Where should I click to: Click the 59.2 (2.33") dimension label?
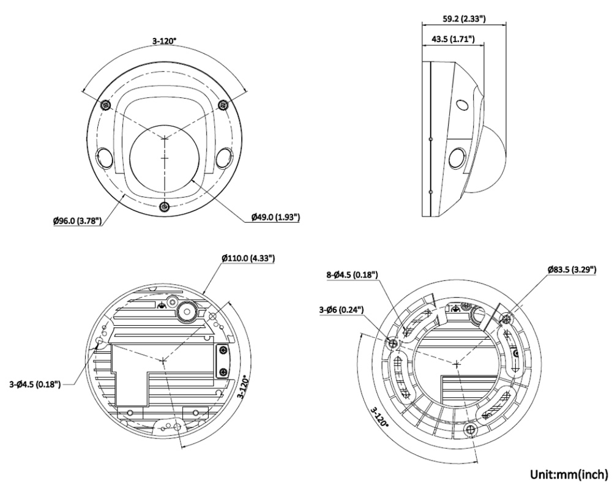point(465,18)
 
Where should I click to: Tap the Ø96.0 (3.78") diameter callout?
point(76,219)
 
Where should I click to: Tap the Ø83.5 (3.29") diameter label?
point(573,269)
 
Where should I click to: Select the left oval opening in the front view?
point(105,159)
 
